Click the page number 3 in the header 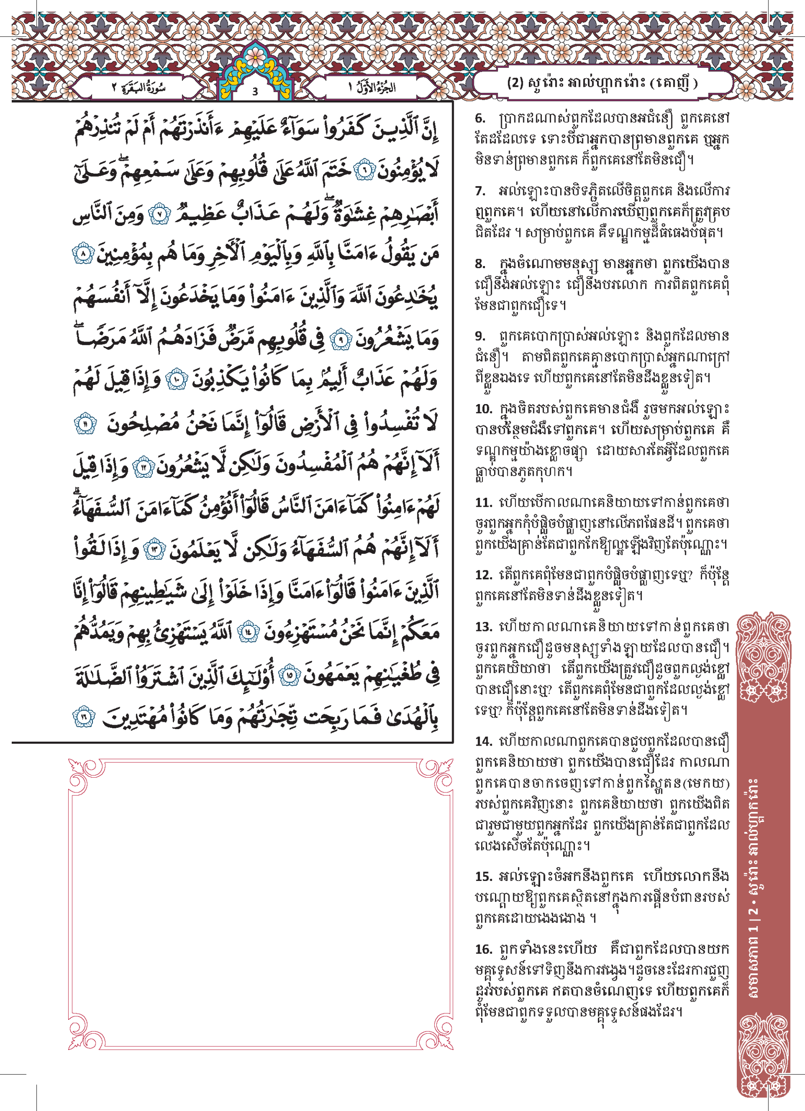click(x=255, y=91)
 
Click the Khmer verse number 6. click(x=480, y=118)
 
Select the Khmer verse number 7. click(x=480, y=191)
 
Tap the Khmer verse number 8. click(x=480, y=263)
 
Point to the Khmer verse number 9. click(x=480, y=336)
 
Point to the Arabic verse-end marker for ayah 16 click(x=84, y=718)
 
